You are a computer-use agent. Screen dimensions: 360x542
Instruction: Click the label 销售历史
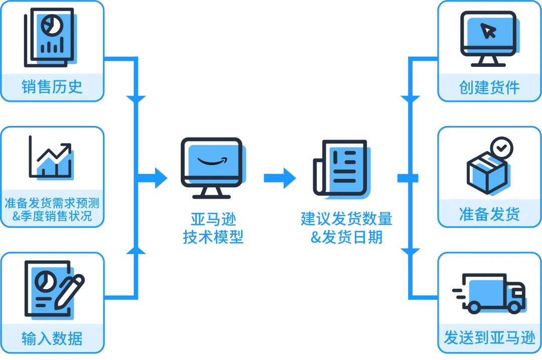[x=52, y=87]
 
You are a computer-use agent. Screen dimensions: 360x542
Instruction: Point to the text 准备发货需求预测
[x=52, y=203]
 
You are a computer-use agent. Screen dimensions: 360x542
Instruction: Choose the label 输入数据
[x=52, y=338]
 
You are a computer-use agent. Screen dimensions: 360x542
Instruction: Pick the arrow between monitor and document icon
[x=280, y=178]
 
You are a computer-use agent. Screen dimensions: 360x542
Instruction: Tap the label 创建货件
[x=489, y=87]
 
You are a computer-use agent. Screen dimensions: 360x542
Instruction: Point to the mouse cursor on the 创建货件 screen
[x=488, y=31]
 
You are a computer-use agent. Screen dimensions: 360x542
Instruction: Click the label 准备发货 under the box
[x=489, y=214]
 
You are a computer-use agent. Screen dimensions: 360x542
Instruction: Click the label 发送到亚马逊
[x=489, y=338]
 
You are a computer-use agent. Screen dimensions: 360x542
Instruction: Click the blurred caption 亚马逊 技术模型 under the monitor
[x=213, y=227]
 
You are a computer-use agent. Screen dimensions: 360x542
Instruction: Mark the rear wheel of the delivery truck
[x=475, y=306]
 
